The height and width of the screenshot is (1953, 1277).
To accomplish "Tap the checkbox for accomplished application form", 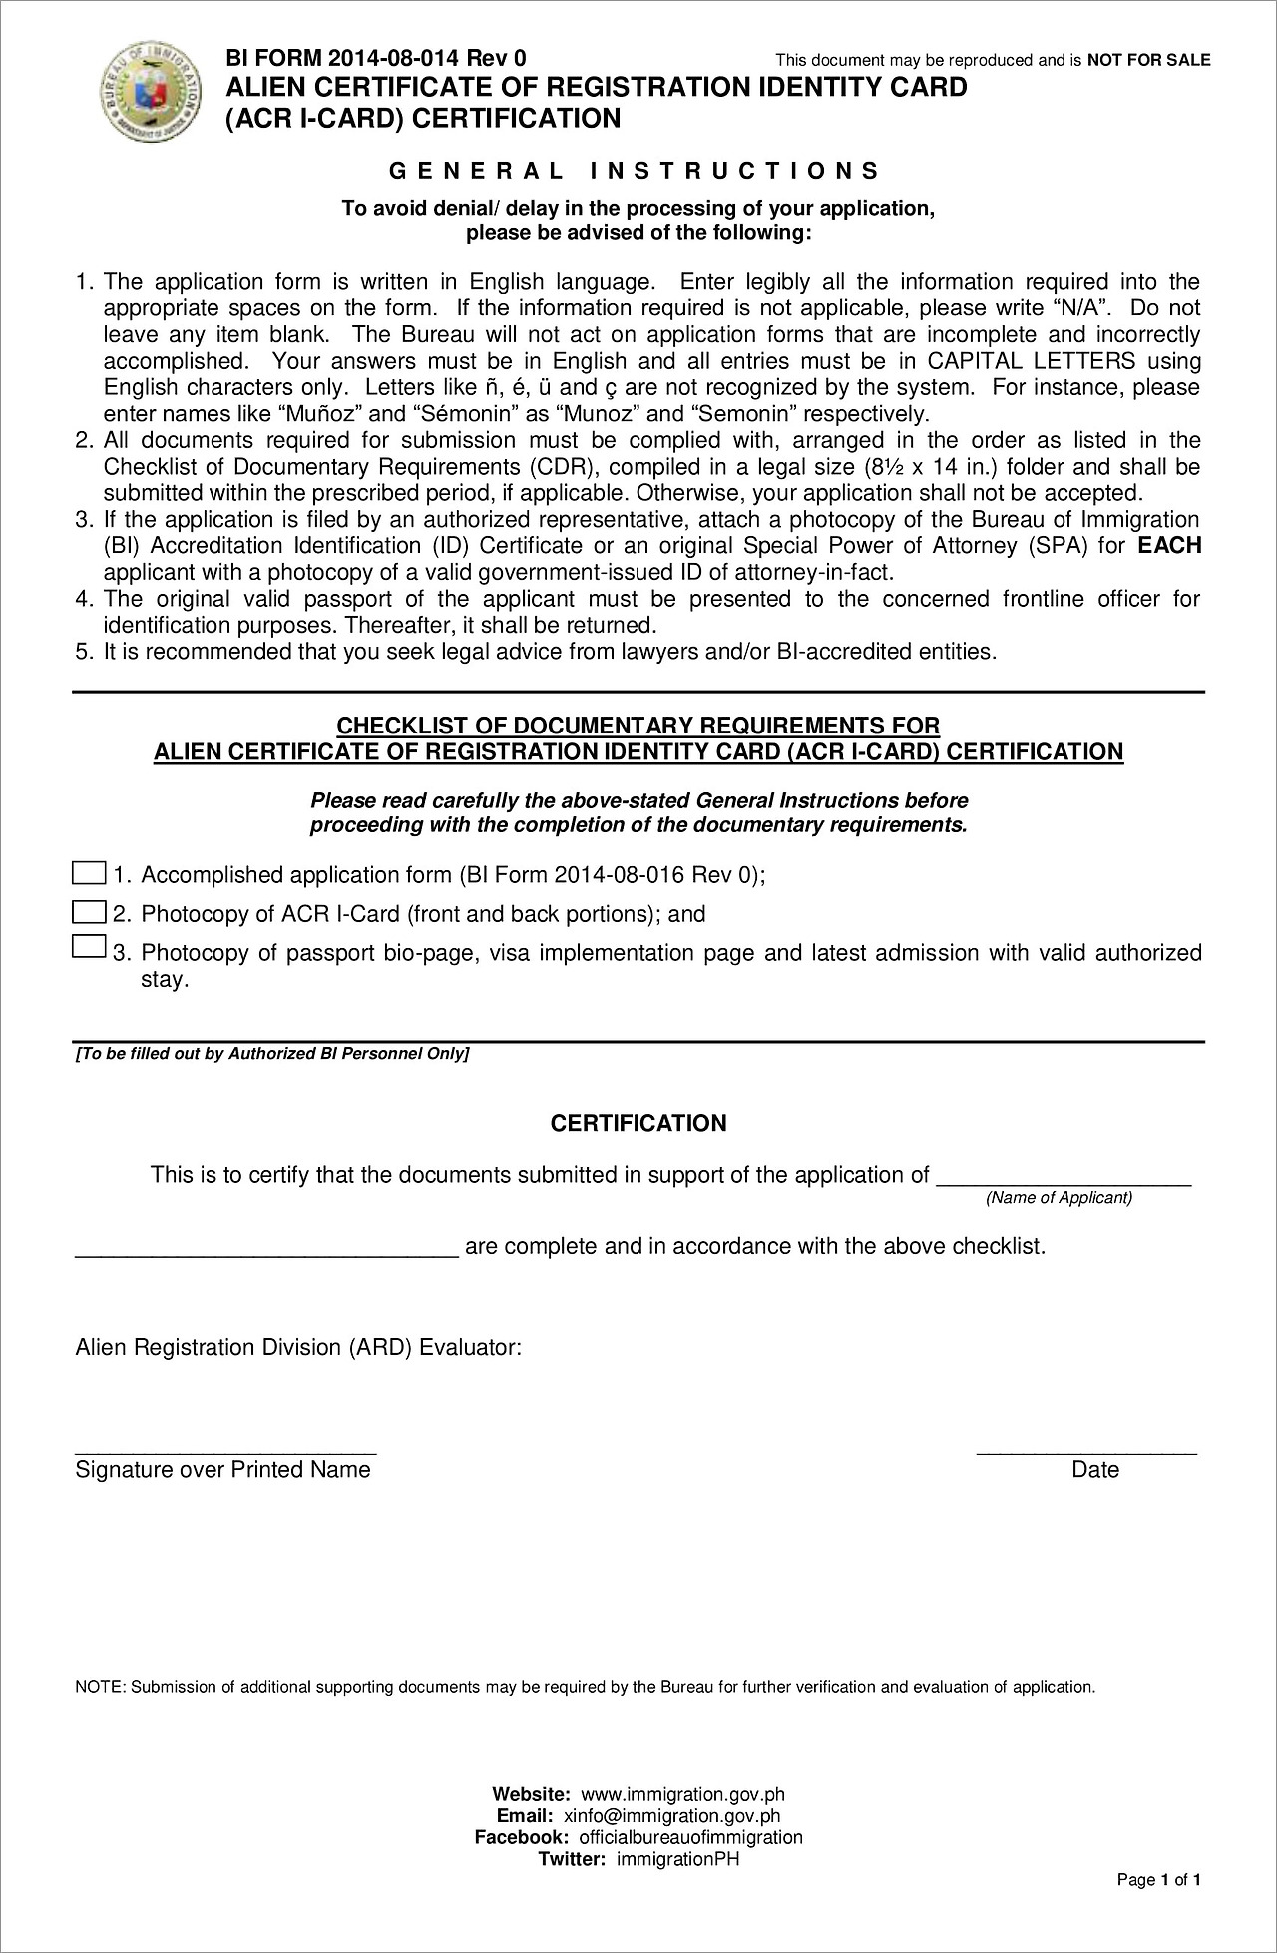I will click(x=89, y=873).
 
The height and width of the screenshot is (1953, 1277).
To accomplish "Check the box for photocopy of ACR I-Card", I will click(x=89, y=912).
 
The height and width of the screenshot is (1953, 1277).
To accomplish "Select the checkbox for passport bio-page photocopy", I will click(x=89, y=946).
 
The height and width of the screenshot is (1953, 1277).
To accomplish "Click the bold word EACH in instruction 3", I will click(x=1169, y=546).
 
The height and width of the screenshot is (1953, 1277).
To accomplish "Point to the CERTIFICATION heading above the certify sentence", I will click(x=638, y=1123).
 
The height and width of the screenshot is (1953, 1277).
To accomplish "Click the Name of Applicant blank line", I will click(x=1063, y=1178).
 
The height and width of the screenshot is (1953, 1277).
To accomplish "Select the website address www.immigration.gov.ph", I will click(x=682, y=1795).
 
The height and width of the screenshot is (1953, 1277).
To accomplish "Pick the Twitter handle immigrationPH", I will click(x=677, y=1858).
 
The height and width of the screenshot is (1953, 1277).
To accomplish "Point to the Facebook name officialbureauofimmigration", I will click(x=690, y=1837).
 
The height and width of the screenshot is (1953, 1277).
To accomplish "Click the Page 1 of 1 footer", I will click(x=1158, y=1880).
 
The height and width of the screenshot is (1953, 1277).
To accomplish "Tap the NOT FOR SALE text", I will click(x=1148, y=60).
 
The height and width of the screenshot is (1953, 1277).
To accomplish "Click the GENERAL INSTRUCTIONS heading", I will click(x=635, y=171).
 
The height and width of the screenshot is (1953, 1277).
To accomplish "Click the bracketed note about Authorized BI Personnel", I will click(x=272, y=1054).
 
